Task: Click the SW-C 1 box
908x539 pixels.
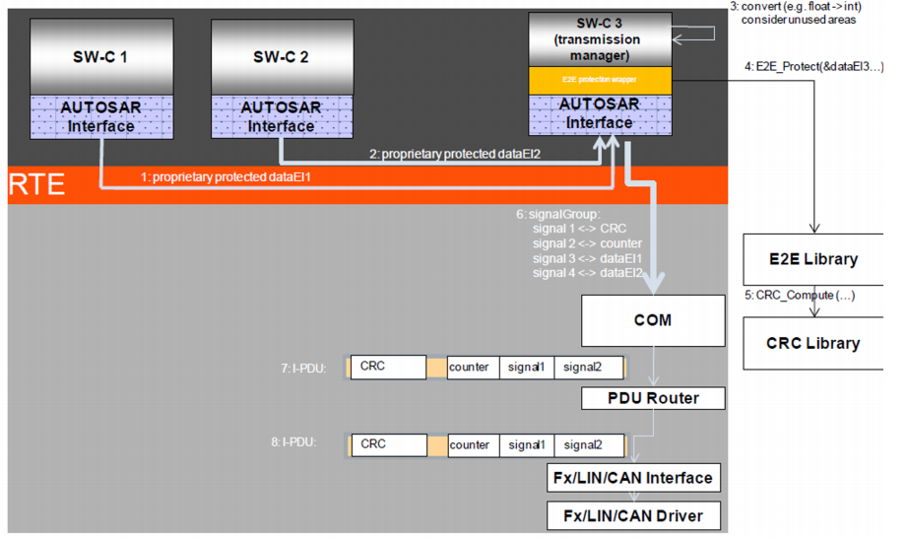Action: click(100, 56)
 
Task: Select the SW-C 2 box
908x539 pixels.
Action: click(281, 56)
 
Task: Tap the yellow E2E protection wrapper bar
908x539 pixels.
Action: click(600, 81)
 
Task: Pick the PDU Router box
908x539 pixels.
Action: click(653, 398)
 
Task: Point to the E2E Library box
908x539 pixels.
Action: click(813, 260)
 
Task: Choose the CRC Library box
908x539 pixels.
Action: click(813, 343)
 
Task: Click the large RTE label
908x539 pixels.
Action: click(37, 184)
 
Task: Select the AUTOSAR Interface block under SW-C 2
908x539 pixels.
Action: click(282, 115)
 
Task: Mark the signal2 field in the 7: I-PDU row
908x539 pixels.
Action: click(588, 368)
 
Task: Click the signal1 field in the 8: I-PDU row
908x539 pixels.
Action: click(526, 445)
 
